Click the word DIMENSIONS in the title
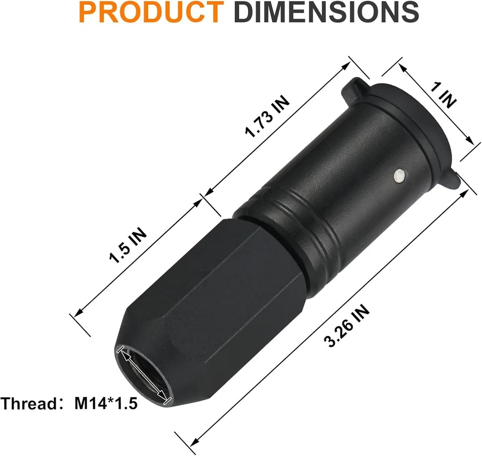[326, 14]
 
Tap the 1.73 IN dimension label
[267, 117]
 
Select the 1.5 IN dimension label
[128, 247]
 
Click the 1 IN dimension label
[443, 96]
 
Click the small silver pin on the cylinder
[399, 175]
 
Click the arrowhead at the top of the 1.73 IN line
[345, 65]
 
